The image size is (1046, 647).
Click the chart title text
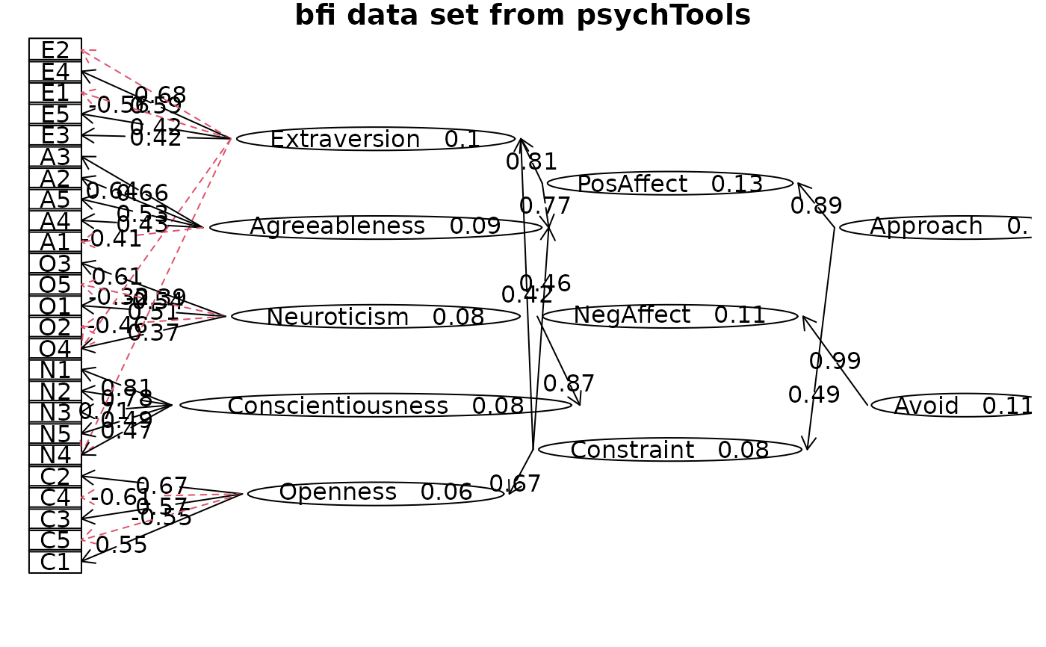pyautogui.click(x=522, y=16)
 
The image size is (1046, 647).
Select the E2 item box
pyautogui.click(x=55, y=50)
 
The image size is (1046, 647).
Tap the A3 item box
pyautogui.click(x=55, y=157)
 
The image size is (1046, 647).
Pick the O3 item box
pyautogui.click(x=55, y=264)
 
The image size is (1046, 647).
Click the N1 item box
pyautogui.click(x=55, y=370)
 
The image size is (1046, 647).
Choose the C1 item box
pyautogui.click(x=55, y=562)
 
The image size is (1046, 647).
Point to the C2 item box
pyautogui.click(x=55, y=477)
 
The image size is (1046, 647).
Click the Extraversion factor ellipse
pyautogui.click(x=376, y=139)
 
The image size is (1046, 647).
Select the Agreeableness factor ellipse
pyautogui.click(x=376, y=227)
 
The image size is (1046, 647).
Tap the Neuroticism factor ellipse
pyautogui.click(x=376, y=316)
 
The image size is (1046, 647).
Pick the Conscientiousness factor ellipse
pyautogui.click(x=376, y=405)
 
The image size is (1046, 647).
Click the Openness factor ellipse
pyautogui.click(x=376, y=493)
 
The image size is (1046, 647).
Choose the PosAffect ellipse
pyautogui.click(x=670, y=183)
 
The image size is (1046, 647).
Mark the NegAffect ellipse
pyautogui.click(x=670, y=316)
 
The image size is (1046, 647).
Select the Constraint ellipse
pyautogui.click(x=670, y=450)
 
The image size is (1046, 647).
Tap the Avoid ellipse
pyautogui.click(x=956, y=405)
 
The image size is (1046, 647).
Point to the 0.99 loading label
pyautogui.click(x=835, y=362)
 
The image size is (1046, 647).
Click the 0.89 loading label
pyautogui.click(x=817, y=205)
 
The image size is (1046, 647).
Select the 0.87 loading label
pyautogui.click(x=569, y=383)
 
